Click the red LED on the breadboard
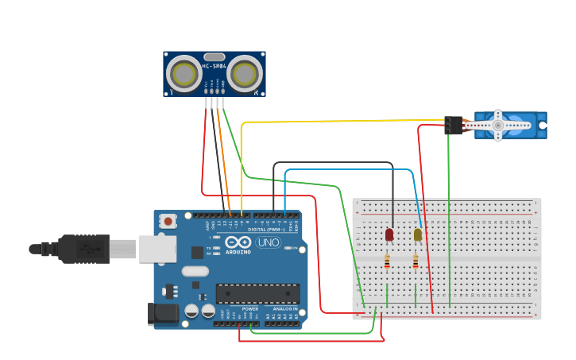[x=389, y=234]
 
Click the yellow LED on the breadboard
[x=418, y=234]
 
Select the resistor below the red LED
[x=387, y=261]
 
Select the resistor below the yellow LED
[x=416, y=261]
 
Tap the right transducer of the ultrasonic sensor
[x=244, y=74]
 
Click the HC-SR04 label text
[x=215, y=66]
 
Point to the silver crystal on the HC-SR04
[x=215, y=56]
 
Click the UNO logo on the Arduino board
[x=269, y=242]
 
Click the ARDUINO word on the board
[x=238, y=252]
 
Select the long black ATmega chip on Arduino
[x=257, y=293]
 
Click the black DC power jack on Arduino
[x=163, y=314]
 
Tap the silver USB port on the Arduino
[x=157, y=248]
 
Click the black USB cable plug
[x=83, y=249]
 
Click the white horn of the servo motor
[x=498, y=126]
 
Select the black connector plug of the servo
[x=454, y=126]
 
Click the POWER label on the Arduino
[x=250, y=308]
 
